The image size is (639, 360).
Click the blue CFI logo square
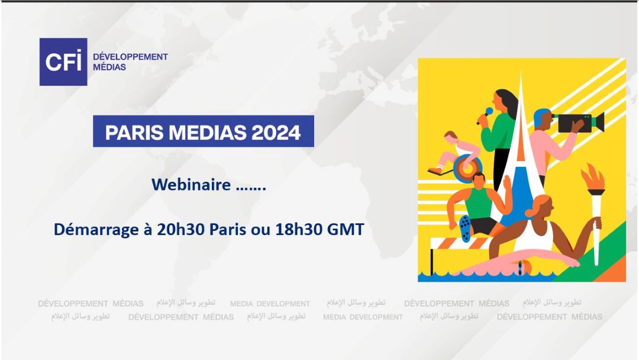coord(63,62)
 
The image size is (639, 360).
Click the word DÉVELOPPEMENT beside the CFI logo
coord(130,57)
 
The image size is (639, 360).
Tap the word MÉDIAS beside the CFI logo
coord(109,67)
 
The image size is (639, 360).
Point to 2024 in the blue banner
coord(276,131)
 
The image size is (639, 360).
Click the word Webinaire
coord(191,185)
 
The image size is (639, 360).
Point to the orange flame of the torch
coord(592,179)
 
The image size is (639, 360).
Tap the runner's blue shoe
coord(465,228)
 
